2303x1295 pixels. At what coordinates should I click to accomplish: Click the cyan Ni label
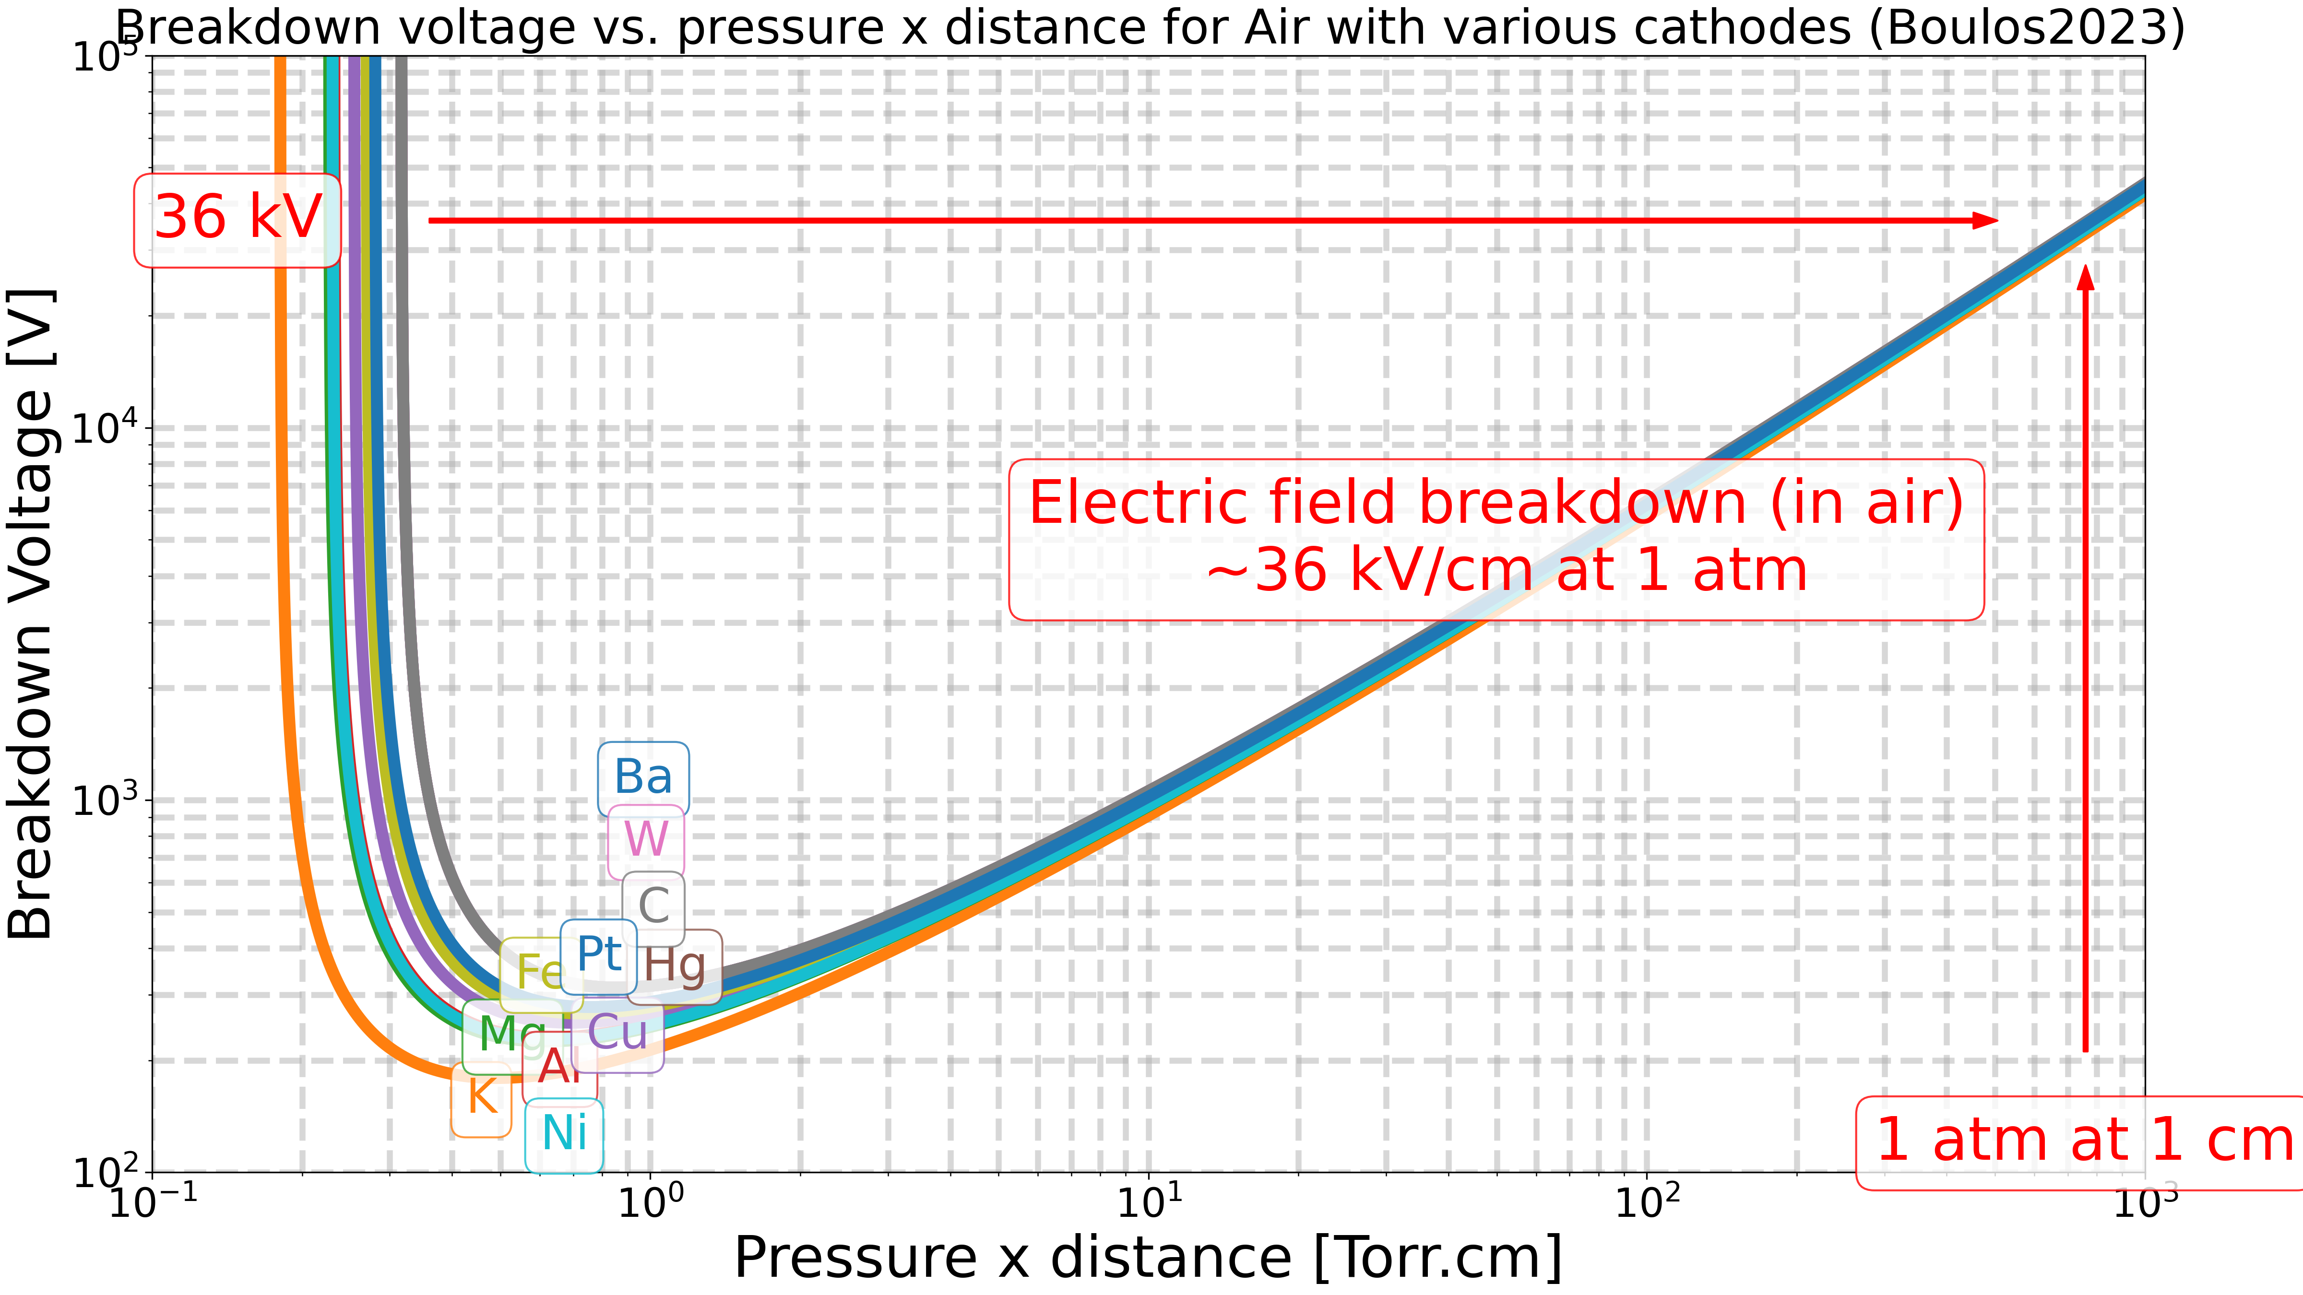564,1135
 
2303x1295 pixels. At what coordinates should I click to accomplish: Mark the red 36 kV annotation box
238,220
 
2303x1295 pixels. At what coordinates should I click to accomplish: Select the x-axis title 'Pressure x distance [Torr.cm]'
1148,1259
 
